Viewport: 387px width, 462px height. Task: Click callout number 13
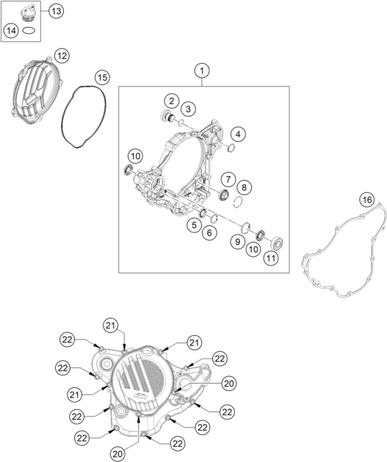click(56, 11)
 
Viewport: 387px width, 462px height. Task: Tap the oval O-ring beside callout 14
click(29, 30)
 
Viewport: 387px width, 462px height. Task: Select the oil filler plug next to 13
click(26, 13)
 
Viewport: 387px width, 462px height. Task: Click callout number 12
click(62, 56)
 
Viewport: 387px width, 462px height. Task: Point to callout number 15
click(102, 78)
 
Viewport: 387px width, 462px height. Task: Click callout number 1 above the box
click(202, 70)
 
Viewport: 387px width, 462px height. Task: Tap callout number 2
click(172, 101)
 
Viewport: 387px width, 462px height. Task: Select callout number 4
click(238, 134)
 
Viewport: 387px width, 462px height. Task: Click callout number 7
click(228, 179)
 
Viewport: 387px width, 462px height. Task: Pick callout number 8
click(244, 188)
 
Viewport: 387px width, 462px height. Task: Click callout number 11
click(271, 258)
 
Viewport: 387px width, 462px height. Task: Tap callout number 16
click(367, 199)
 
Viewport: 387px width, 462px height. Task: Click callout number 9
click(237, 241)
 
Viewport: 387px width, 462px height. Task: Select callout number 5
click(194, 225)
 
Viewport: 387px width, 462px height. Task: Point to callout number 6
click(209, 232)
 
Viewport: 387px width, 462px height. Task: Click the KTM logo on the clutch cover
click(140, 396)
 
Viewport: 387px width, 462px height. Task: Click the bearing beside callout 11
click(278, 243)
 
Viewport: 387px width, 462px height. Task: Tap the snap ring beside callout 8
click(238, 202)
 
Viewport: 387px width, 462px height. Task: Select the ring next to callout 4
click(231, 147)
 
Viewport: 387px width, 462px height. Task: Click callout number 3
click(188, 109)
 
